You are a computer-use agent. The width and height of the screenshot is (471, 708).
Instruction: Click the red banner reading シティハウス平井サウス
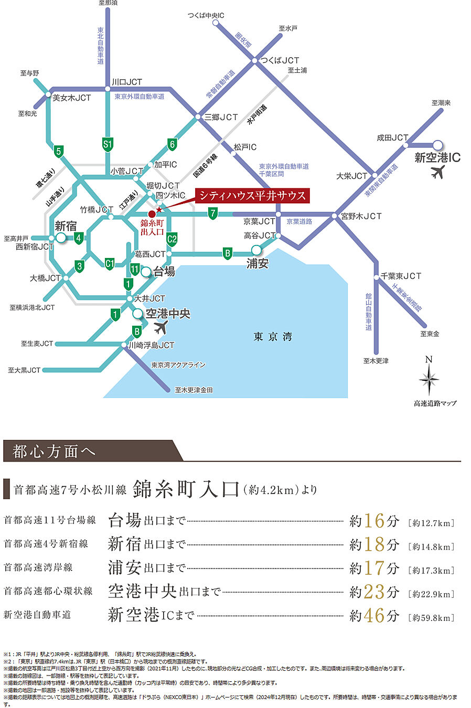point(252,196)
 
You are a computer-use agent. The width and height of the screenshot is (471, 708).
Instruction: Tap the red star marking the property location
point(159,210)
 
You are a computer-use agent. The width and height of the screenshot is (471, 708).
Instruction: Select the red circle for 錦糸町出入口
point(152,214)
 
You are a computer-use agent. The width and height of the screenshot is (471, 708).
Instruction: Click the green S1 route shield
point(108,144)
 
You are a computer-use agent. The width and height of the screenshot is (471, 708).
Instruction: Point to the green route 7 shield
point(212,213)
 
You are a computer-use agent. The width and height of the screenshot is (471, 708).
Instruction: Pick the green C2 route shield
point(172,239)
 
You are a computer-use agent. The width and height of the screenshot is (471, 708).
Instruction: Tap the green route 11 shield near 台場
point(135,270)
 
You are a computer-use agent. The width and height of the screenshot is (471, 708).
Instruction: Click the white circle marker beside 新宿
point(61,238)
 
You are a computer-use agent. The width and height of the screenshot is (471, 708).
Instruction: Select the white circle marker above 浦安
point(256,250)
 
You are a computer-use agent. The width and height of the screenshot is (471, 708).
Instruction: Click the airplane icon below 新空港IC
point(437,171)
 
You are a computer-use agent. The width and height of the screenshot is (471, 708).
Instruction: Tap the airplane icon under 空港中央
point(161,328)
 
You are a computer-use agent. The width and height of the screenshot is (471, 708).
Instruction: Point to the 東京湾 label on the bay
point(273,337)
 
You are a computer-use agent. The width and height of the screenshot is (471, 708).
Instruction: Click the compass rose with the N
point(429,378)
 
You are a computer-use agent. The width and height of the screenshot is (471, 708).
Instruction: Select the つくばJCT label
point(280,60)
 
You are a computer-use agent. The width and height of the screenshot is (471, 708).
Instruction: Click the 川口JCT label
point(126,82)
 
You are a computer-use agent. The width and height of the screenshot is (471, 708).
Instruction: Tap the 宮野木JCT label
point(361,216)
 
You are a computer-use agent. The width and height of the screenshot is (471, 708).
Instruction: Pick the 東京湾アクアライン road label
point(178,365)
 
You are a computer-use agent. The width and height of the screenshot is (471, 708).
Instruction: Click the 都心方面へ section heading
point(54,451)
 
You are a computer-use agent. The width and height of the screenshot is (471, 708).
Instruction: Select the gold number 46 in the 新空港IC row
point(374,615)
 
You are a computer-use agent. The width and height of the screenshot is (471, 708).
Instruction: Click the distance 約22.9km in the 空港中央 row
point(431,594)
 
